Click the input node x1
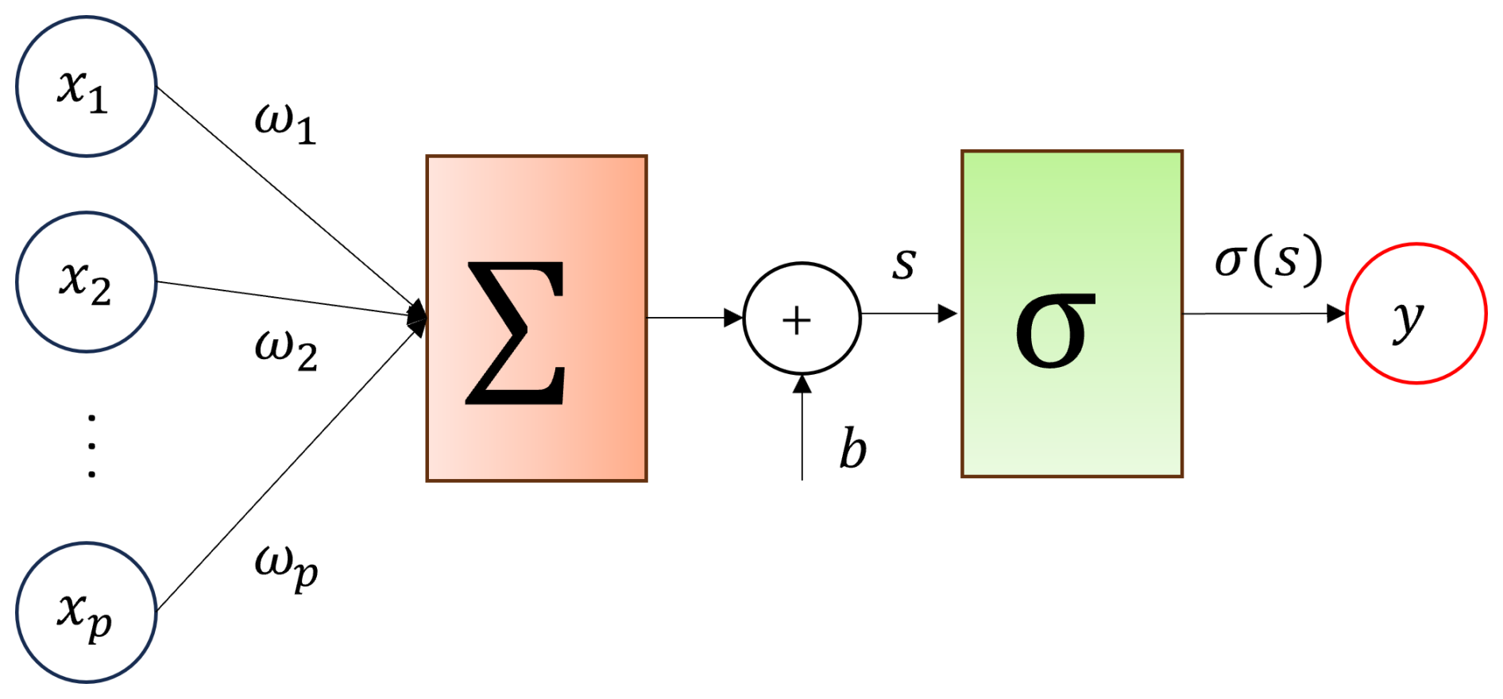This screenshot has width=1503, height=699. pos(87,87)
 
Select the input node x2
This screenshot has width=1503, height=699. pos(87,282)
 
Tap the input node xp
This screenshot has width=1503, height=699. pos(87,612)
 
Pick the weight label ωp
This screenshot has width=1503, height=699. pos(286,569)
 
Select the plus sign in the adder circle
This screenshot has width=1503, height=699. pos(797,322)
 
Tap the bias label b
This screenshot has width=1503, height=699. pos(853,449)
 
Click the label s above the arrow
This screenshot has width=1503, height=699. pos(904,265)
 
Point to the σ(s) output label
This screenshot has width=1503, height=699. pos(1269,261)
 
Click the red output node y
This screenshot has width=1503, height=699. pos(1416,313)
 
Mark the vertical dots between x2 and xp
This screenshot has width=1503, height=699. pos(92,446)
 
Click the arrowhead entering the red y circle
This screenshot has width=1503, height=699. pos(1337,314)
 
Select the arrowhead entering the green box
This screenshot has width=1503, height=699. pos(948,314)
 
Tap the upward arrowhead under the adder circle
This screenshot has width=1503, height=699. pos(802,384)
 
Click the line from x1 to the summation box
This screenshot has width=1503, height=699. pos(291,200)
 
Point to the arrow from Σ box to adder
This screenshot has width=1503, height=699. pos(695,318)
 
